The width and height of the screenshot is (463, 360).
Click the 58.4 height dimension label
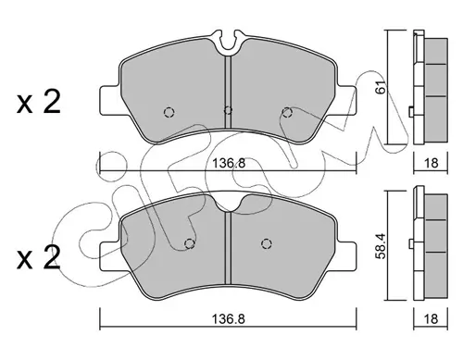(382, 247)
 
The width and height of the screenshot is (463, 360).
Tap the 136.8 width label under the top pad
(229, 163)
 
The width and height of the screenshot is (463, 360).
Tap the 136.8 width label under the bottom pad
(229, 319)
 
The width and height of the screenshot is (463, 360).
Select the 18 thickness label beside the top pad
(431, 163)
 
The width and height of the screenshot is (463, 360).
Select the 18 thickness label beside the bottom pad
(431, 318)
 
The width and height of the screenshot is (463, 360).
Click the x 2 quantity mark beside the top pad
(39, 103)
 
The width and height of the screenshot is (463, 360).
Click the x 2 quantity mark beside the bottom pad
(39, 258)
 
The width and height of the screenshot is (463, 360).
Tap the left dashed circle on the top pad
(169, 112)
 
